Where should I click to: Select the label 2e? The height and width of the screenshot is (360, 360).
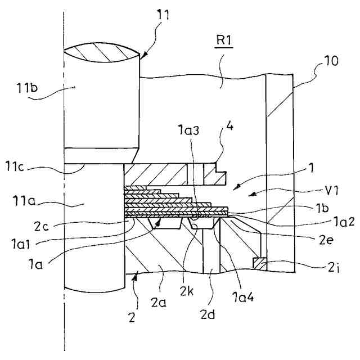tap(319, 237)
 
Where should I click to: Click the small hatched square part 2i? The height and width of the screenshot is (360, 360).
tap(259, 262)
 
